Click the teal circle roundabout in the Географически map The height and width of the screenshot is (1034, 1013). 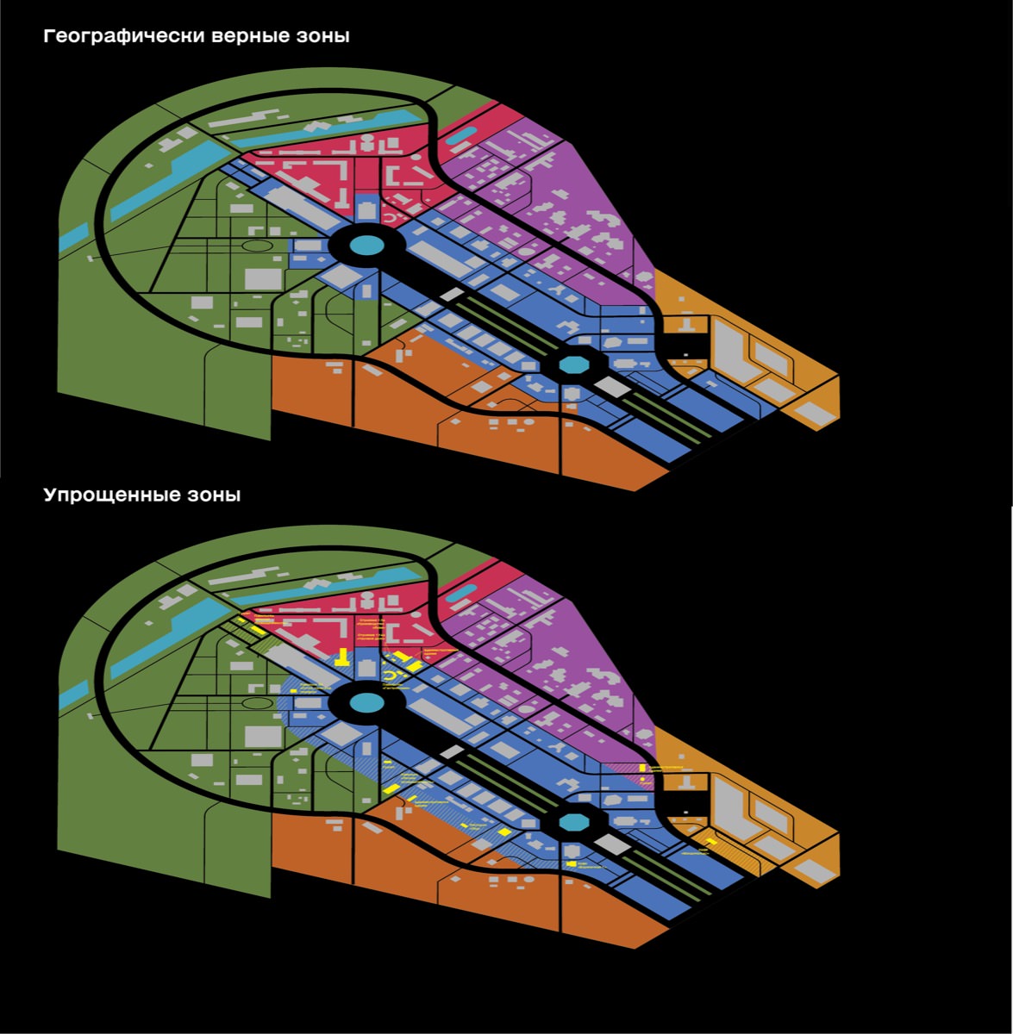coord(366,246)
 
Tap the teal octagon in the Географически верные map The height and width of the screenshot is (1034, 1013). coord(572,364)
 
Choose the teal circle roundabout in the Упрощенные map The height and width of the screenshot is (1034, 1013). coord(366,703)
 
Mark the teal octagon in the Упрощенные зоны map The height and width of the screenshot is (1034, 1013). coord(572,822)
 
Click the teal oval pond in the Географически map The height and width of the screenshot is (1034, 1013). coord(466,134)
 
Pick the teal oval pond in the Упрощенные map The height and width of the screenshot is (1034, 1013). coord(466,589)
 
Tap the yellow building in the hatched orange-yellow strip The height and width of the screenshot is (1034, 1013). coord(710,842)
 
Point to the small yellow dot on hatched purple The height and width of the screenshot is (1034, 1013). coord(643,781)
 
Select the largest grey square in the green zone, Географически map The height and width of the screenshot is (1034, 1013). coord(263,278)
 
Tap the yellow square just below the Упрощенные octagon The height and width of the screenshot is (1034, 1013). coord(572,863)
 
